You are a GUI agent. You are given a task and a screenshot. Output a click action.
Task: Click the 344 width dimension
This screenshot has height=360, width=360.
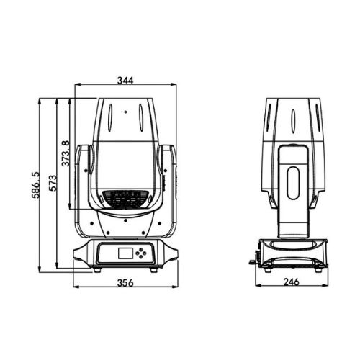(x=125, y=81)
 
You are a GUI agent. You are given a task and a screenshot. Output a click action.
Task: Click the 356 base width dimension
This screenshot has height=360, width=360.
(x=125, y=283)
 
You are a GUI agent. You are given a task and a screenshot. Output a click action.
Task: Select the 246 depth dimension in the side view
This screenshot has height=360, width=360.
(x=292, y=282)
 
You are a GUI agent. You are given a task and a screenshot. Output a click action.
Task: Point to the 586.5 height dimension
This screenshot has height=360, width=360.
(x=35, y=185)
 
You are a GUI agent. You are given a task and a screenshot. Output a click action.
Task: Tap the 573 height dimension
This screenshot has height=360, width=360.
(x=53, y=183)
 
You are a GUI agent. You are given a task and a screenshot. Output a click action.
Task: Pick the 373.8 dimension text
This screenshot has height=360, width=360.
(x=66, y=153)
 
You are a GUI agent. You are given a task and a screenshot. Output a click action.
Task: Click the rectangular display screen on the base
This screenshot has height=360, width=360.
(x=125, y=253)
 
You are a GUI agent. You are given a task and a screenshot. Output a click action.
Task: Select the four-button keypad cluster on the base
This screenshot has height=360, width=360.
(x=141, y=253)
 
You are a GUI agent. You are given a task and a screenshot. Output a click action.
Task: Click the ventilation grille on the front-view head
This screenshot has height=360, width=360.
(x=125, y=199)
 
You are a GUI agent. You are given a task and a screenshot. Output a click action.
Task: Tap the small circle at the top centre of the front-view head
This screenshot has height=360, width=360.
(x=125, y=112)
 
